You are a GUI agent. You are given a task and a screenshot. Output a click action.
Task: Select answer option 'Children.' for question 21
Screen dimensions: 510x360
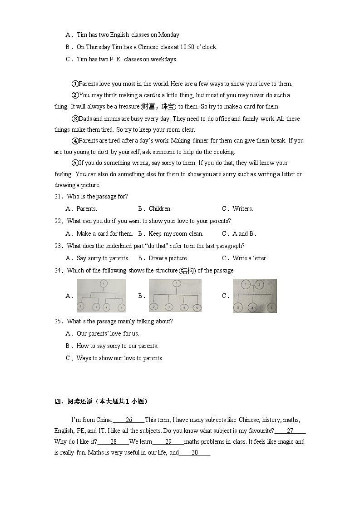pos(160,209)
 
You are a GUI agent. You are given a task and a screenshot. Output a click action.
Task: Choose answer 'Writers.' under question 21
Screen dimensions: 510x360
pos(242,209)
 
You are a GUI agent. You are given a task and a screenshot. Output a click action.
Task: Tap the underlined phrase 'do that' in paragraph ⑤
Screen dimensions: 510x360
pos(224,163)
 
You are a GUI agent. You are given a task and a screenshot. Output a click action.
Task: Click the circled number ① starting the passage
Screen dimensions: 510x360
pos(75,84)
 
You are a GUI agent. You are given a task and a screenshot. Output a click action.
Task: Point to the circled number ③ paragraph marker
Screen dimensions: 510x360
pos(75,119)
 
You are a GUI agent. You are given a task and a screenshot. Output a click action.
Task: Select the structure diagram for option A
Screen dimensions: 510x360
pos(101,296)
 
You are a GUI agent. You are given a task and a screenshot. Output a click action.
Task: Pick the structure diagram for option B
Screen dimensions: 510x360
pos(175,296)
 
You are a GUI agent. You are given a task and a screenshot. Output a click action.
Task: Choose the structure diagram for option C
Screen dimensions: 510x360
pos(255,296)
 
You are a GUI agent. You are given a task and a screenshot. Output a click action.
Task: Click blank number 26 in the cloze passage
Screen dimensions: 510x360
pos(128,420)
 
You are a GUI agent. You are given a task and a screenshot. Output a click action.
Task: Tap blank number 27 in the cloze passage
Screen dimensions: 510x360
pos(290,431)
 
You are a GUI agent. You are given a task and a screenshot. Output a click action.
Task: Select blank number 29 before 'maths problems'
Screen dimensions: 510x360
pos(168,442)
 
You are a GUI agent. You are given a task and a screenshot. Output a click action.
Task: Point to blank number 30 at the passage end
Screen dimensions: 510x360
pos(195,453)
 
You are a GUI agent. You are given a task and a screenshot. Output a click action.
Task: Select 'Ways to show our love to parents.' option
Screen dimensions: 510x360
pos(119,358)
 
